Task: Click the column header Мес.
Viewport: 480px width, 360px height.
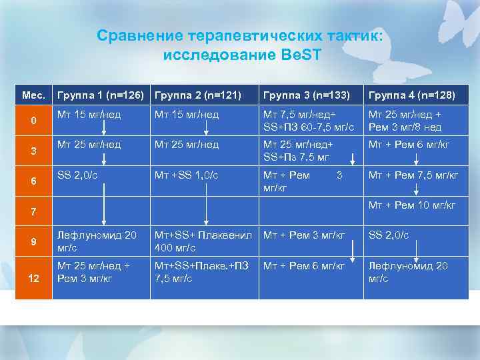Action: click(33, 95)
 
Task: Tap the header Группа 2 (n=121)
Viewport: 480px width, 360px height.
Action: click(197, 95)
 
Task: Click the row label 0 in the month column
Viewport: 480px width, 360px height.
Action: click(33, 120)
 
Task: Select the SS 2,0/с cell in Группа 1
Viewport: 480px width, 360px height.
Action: click(76, 175)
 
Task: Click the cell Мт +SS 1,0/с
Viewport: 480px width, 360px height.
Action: click(187, 175)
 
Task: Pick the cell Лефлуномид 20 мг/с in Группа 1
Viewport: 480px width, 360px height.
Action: click(97, 241)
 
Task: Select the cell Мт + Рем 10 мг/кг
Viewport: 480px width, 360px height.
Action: click(413, 205)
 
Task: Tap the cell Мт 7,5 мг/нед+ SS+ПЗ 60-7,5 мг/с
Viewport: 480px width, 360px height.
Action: click(308, 120)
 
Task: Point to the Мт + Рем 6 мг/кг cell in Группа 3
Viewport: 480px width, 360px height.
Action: click(304, 266)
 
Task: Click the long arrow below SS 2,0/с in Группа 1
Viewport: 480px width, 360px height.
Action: click(103, 203)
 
